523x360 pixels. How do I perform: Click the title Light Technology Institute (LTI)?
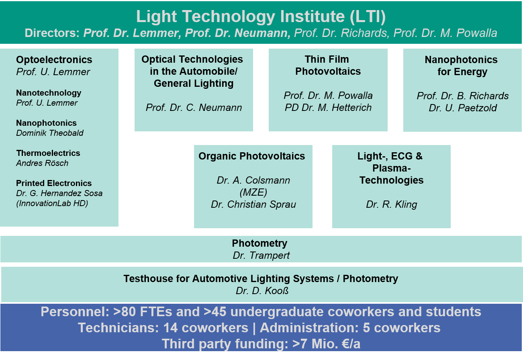pos(261,16)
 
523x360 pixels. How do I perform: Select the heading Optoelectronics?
pos(54,60)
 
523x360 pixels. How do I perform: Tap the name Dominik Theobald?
pos(50,133)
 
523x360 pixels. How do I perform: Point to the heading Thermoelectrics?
pos(48,153)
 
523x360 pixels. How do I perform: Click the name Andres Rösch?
pos(42,163)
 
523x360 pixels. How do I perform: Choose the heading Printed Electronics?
pos(54,183)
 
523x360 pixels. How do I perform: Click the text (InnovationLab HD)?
pos(52,203)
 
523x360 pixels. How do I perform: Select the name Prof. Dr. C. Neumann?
pos(194,108)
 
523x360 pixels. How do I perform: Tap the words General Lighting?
pos(194,83)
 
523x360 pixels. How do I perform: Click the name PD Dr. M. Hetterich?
pos(328,108)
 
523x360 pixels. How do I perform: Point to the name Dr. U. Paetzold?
pos(462,108)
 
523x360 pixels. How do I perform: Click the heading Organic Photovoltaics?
pos(252,156)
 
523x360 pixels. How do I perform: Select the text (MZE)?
pos(253,192)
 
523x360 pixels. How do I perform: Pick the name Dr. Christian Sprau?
pos(253,204)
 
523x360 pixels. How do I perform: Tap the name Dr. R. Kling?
pos(392,204)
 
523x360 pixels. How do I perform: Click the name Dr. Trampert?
pos(261,255)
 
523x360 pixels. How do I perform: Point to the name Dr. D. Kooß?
pos(262,290)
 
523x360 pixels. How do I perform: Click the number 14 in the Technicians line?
pos(170,328)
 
